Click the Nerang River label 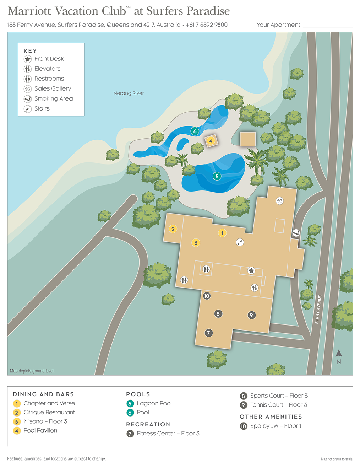click(x=129, y=93)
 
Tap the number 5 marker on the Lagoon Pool click(x=217, y=176)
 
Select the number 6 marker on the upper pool click(x=195, y=131)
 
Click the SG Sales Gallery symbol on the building click(x=280, y=201)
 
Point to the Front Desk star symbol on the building click(x=251, y=271)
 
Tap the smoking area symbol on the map click(x=296, y=233)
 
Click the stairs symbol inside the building click(x=240, y=242)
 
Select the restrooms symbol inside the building click(x=206, y=269)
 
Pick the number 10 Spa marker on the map click(x=207, y=296)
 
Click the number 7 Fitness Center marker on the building click(x=209, y=333)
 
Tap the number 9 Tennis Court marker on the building click(x=251, y=315)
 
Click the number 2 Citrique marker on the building click(x=173, y=229)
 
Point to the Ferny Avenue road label click(x=318, y=309)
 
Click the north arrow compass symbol click(x=339, y=356)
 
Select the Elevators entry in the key click(x=47, y=69)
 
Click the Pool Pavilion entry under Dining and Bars click(x=40, y=430)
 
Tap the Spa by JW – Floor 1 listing click(x=276, y=426)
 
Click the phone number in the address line click(x=207, y=25)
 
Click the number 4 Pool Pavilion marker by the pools click(x=211, y=141)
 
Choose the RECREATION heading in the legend click(x=148, y=424)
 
